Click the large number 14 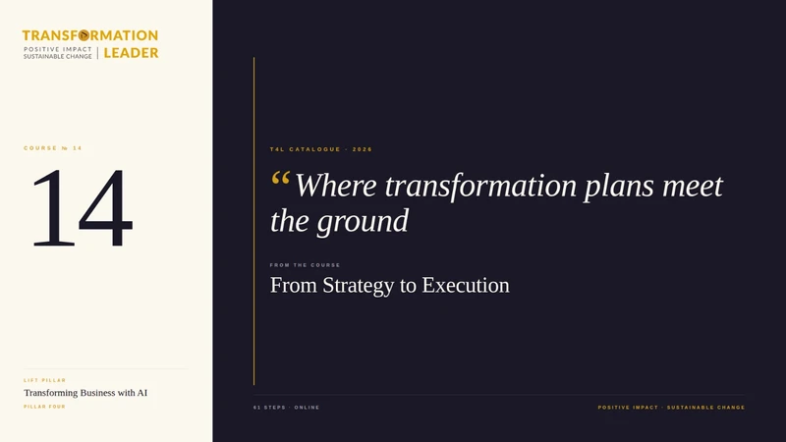click(83, 208)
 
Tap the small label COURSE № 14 click(53, 148)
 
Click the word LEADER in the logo click(131, 53)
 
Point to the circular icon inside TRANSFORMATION click(84, 35)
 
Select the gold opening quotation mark click(280, 179)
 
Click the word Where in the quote click(336, 186)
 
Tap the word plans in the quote click(619, 187)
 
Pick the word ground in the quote click(363, 222)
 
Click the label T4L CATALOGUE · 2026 click(321, 149)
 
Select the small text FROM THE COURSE click(305, 265)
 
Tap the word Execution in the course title click(466, 285)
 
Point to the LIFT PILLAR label click(44, 380)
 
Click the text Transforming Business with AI click(85, 393)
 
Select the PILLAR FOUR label click(44, 407)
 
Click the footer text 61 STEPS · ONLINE click(286, 408)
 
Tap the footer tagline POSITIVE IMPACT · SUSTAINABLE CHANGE click(671, 408)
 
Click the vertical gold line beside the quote click(254, 221)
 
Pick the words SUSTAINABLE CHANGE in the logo click(58, 57)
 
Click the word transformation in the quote click(480, 186)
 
